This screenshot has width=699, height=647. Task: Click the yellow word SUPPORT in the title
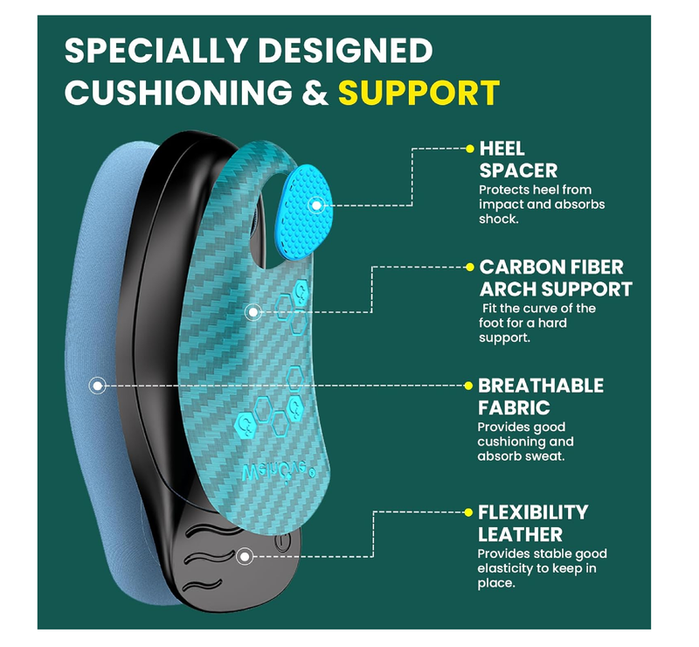[419, 92]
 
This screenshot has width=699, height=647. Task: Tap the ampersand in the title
[316, 92]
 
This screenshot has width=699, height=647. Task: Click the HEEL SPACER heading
[518, 159]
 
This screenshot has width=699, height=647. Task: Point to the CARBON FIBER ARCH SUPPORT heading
[556, 278]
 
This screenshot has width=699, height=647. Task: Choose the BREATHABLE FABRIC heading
[540, 396]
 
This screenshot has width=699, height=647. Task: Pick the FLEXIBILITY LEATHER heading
[532, 523]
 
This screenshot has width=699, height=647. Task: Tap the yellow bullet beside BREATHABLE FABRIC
[470, 385]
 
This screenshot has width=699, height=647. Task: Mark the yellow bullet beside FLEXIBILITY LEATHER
[470, 511]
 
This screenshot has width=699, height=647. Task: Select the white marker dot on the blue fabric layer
[99, 384]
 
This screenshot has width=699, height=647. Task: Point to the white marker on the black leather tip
[246, 554]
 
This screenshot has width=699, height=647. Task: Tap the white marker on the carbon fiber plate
[253, 310]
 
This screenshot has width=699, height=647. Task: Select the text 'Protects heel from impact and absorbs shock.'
[541, 205]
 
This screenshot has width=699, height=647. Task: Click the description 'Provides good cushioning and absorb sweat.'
[525, 442]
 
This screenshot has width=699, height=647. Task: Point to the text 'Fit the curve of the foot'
[538, 316]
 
